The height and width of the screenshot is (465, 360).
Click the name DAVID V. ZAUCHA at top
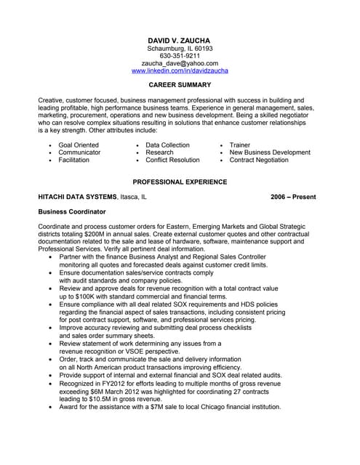click(179, 38)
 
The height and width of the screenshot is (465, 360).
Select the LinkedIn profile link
click(180, 71)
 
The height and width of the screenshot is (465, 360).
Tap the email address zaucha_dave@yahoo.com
click(180, 63)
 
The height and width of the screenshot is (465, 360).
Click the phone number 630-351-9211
click(180, 55)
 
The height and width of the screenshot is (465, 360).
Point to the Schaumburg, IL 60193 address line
click(180, 47)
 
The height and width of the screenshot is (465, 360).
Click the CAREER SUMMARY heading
click(179, 85)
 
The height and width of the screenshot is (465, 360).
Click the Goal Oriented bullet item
click(79, 145)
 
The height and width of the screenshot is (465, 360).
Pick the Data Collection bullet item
click(167, 145)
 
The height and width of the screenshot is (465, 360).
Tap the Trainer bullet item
click(239, 145)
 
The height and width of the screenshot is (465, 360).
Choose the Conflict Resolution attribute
click(172, 160)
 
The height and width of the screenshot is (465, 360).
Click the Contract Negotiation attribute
click(258, 160)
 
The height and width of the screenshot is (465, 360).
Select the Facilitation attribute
click(73, 160)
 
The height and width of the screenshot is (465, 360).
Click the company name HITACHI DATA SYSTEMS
click(77, 197)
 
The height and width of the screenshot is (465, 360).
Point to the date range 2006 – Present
click(294, 197)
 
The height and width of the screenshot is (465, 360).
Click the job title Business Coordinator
click(71, 211)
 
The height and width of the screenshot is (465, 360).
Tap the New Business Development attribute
click(269, 153)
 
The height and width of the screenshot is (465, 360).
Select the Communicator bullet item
click(79, 153)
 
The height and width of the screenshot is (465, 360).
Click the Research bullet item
click(159, 153)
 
